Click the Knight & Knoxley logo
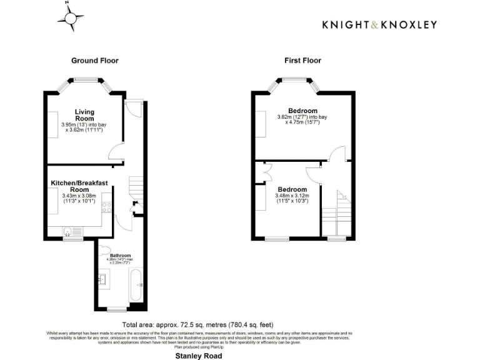click(x=379, y=24)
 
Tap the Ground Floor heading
click(x=94, y=61)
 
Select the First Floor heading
click(x=302, y=61)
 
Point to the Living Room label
click(x=84, y=115)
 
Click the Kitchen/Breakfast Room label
click(x=79, y=186)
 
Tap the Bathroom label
click(x=120, y=256)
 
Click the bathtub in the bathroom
click(x=136, y=284)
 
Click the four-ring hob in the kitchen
click(x=107, y=207)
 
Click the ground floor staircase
click(x=137, y=187)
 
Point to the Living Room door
click(x=115, y=152)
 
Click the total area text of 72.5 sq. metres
click(x=197, y=325)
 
